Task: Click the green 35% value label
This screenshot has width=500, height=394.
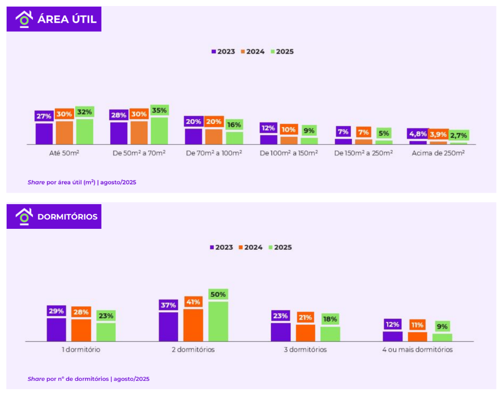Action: coord(160,110)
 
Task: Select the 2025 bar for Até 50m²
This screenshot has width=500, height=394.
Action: coord(84,132)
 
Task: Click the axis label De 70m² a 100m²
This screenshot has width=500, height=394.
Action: coord(214,153)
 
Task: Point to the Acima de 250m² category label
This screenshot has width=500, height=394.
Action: coord(438,153)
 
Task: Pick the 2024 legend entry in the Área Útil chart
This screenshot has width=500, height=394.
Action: coord(253,52)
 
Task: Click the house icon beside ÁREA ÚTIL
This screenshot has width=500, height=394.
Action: coord(24,19)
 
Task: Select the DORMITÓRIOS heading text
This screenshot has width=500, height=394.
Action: coord(67,217)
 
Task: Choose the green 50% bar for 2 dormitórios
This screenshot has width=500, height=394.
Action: coord(218,322)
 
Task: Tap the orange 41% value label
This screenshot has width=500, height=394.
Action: coord(194,302)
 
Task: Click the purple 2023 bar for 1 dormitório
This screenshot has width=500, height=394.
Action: coord(56,330)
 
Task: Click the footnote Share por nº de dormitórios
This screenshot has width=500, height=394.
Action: coord(88,379)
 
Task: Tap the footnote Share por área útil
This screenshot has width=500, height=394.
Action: coord(82,182)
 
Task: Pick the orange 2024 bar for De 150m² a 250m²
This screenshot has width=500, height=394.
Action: coord(363,142)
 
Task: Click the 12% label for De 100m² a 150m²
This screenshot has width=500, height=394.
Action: coord(268,128)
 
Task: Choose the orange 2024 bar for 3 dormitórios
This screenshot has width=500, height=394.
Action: coord(305,333)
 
